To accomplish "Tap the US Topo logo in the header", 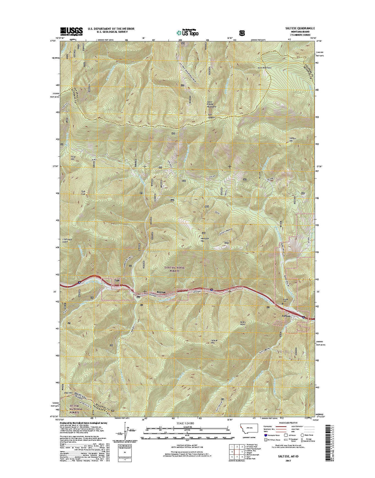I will click(x=187, y=32).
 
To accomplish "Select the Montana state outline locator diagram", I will click(x=247, y=428).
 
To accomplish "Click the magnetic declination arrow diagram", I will click(x=123, y=432).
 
